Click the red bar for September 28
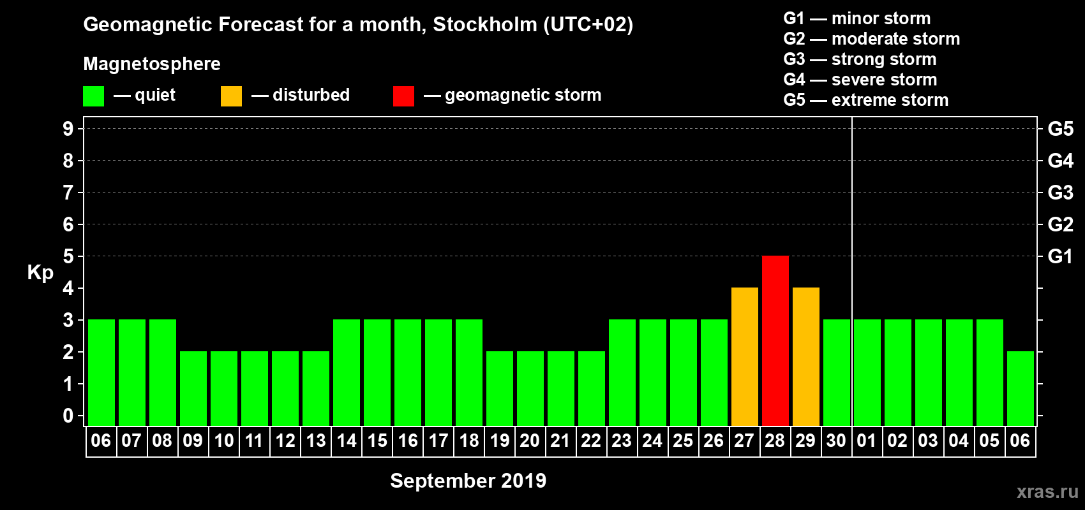[775, 340]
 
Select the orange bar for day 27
[744, 356]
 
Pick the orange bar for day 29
[805, 356]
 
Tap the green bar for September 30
[836, 372]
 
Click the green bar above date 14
[347, 372]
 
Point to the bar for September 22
[591, 388]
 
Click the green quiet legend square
[93, 96]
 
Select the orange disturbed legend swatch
[231, 96]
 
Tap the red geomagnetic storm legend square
[403, 96]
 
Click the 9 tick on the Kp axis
[68, 129]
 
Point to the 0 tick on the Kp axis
[68, 416]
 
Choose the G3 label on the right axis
[1060, 193]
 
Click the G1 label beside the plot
[1060, 256]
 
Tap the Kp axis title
[40, 273]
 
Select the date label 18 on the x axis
[469, 441]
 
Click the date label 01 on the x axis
[867, 441]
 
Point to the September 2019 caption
[468, 481]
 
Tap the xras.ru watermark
[1047, 492]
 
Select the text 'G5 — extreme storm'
[865, 100]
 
